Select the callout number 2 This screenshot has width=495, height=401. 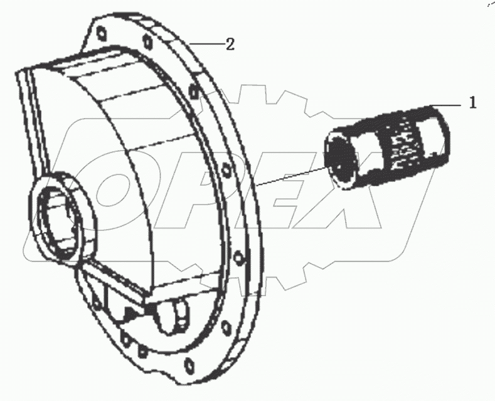point(230,44)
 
